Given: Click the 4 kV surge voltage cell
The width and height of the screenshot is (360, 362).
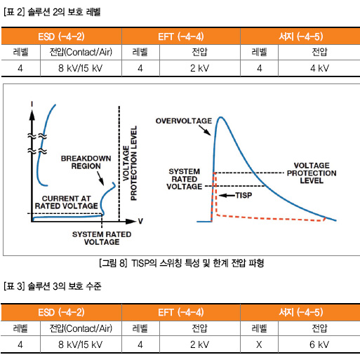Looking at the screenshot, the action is [x=319, y=68].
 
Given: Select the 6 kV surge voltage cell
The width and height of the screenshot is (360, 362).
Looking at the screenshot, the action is [x=319, y=344].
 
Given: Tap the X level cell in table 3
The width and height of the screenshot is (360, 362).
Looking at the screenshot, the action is [x=259, y=344].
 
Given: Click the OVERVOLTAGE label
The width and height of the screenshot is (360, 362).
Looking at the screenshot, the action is [x=184, y=121].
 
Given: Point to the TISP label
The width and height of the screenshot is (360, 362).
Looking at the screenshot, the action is [x=244, y=195].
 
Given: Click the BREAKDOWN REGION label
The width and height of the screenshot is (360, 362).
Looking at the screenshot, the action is [x=86, y=162].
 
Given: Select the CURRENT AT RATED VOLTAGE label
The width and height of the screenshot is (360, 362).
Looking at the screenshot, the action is [x=67, y=202].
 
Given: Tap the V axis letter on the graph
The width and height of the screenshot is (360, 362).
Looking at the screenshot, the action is [x=140, y=221].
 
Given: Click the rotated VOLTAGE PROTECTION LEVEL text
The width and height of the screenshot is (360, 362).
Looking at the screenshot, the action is [x=130, y=163].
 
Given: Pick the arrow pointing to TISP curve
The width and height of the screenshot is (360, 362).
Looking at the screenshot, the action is [x=227, y=195].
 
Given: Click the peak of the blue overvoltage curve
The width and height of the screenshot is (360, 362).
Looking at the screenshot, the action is [x=220, y=117].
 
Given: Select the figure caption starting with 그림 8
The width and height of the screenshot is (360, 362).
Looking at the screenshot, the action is [x=182, y=263].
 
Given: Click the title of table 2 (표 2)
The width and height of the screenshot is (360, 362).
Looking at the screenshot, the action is [x=52, y=12].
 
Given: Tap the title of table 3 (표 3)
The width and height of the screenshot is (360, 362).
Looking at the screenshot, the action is [x=53, y=286].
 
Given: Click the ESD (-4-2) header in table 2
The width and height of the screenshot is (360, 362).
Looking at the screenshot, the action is [x=61, y=36].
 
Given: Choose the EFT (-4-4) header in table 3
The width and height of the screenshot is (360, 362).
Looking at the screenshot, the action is [x=181, y=312].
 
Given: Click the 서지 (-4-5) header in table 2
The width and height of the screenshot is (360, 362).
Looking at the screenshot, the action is [x=301, y=36].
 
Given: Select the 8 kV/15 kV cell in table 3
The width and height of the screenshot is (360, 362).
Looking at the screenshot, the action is [x=81, y=344].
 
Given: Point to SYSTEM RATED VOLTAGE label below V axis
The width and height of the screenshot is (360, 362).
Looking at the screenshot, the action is [x=102, y=238].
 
